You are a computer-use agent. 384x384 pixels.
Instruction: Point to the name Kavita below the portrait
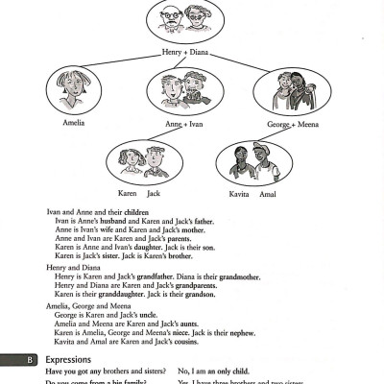(240, 194)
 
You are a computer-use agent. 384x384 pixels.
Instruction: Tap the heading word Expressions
(69, 360)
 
